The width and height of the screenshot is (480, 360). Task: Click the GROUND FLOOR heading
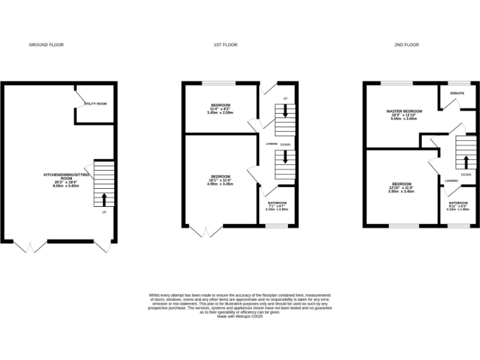[x=46, y=45]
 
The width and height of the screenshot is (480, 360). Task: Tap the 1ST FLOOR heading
[x=226, y=45]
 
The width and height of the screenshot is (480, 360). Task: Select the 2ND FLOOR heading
[x=406, y=45]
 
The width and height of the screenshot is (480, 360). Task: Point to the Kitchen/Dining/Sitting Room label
[x=66, y=180]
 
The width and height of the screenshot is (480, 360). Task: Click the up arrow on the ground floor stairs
[x=104, y=199]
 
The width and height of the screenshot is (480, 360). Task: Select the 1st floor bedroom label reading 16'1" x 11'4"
[x=220, y=180]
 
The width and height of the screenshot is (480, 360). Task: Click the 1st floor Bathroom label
[x=277, y=206]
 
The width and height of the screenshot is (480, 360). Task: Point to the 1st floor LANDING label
[x=271, y=144]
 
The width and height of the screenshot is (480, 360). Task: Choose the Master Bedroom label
[x=403, y=114]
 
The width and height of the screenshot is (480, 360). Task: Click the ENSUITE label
[x=457, y=93]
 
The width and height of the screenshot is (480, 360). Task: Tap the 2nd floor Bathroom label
[x=458, y=206]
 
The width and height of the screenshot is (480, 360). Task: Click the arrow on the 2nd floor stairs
[x=466, y=161]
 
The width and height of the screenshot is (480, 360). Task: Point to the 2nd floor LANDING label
[x=452, y=181]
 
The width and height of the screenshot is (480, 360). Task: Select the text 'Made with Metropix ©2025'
[x=240, y=317]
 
